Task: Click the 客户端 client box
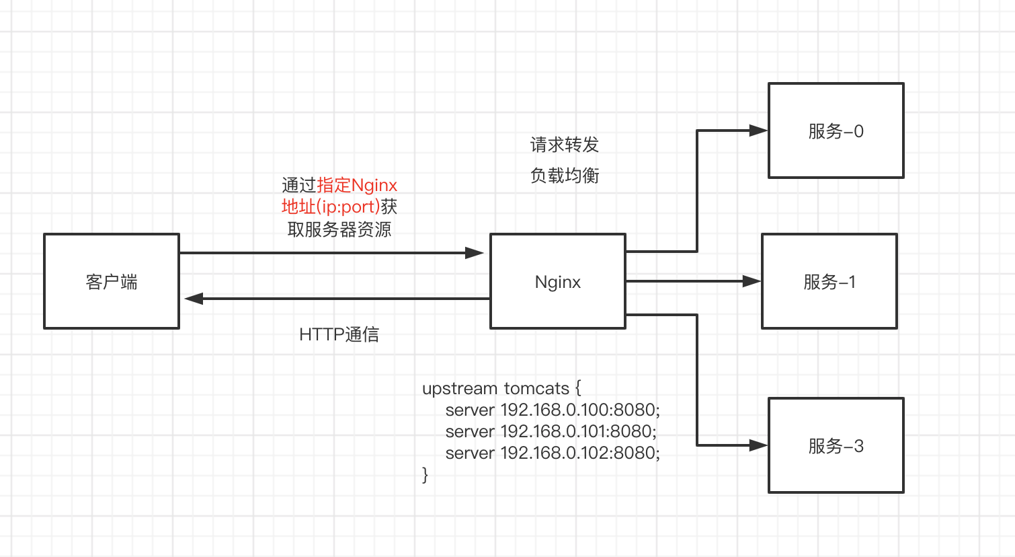112,281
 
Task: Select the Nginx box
558,281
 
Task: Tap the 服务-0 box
836,131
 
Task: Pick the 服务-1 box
829,281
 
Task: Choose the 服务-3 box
836,445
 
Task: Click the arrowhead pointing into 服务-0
758,131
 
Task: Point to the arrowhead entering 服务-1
752,281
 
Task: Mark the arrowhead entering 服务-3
758,445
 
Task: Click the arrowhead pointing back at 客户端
194,299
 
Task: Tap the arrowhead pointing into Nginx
475,253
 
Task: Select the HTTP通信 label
339,334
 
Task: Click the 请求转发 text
565,145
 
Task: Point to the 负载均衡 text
565,176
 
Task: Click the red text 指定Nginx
357,185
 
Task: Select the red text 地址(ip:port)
330,207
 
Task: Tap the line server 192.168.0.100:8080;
553,410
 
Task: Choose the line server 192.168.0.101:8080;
551,431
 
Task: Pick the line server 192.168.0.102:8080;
553,453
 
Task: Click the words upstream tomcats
495,388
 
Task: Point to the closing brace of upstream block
425,475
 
